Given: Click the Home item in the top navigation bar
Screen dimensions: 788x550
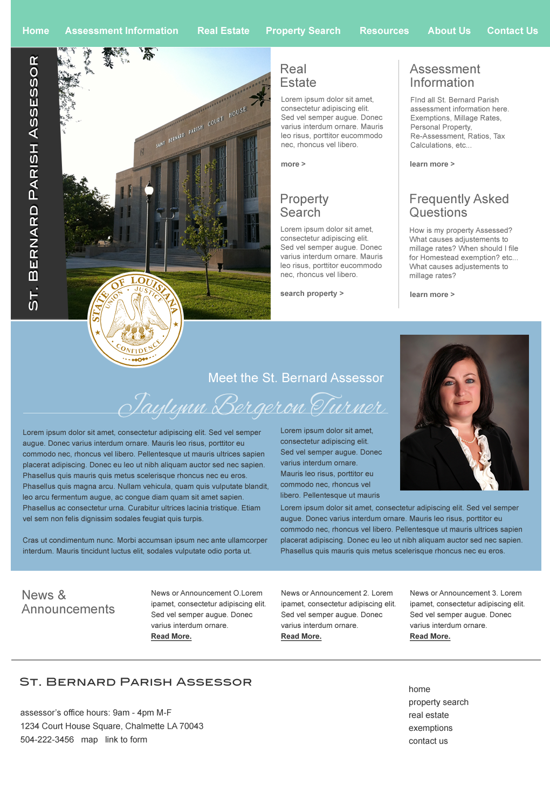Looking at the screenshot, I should point(36,31).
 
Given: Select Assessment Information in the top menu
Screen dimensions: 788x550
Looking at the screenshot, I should point(121,31).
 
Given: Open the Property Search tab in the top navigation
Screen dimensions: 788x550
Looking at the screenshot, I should point(303,31).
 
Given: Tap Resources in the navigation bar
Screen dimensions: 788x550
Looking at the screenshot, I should point(384,31).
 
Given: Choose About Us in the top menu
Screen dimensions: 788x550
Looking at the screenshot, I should point(449,31).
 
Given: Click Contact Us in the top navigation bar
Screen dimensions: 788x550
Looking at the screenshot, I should point(512,31).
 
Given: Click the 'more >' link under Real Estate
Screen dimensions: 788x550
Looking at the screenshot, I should point(293,164).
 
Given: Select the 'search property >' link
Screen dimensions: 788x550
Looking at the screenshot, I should point(312,293).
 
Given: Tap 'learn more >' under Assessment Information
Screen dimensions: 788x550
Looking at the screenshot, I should point(432,164).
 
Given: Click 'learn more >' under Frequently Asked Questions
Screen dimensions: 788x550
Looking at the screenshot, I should point(432,294).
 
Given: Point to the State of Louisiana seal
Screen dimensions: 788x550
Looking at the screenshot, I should point(136,320).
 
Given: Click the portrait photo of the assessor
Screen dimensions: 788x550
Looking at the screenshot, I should point(464,412).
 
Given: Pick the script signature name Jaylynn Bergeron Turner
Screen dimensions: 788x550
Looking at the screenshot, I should point(252,405).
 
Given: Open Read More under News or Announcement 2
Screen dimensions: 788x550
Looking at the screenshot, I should point(301,636).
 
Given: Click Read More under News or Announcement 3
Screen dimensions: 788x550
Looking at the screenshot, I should point(430,636).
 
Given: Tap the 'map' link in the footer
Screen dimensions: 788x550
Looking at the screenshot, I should point(90,739).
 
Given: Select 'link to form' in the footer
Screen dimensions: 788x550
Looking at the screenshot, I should point(126,739).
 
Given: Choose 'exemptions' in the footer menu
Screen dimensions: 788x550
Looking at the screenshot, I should point(430,728).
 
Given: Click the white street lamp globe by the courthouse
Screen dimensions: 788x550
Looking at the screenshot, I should point(149,190).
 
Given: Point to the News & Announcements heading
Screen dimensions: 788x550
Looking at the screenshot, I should point(68,602).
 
